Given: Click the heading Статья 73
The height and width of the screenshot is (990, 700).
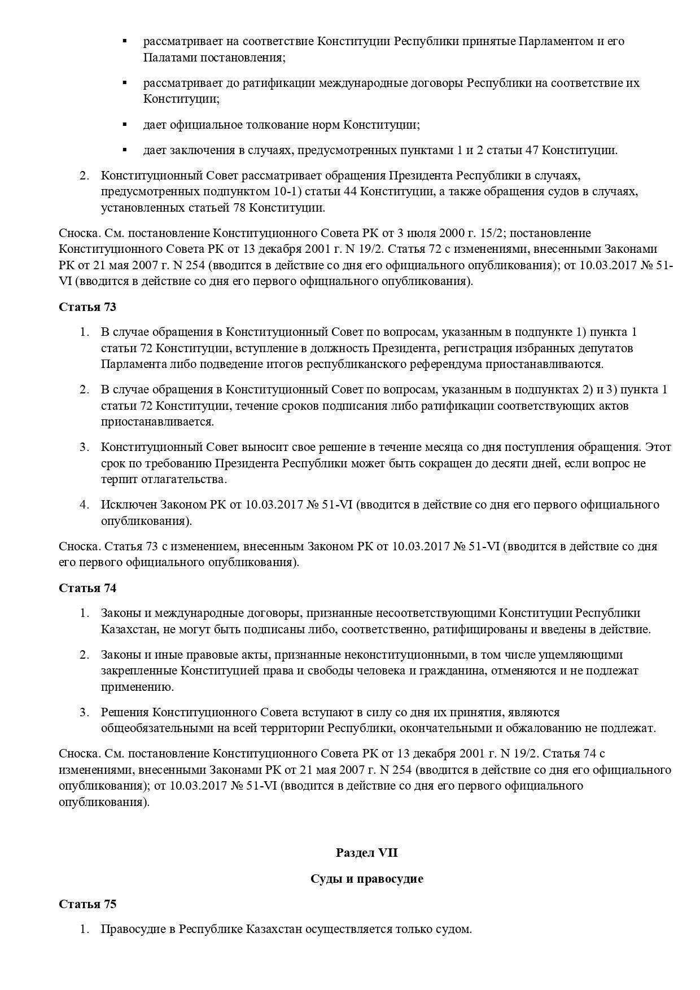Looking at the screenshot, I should coord(88,307).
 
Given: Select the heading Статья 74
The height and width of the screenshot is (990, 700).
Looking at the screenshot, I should coord(88,588).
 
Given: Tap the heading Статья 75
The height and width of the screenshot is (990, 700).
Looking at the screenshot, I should coord(88,904).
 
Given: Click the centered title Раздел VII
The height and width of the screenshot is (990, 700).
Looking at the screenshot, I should coord(366,852).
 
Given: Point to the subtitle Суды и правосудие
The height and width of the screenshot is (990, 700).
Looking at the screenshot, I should coord(366,878).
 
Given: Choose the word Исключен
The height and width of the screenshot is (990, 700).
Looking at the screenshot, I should coord(128,504).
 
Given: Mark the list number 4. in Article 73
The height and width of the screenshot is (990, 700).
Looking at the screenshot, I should coord(85,504).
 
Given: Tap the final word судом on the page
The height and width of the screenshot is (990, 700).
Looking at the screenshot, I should coord(455,929).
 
